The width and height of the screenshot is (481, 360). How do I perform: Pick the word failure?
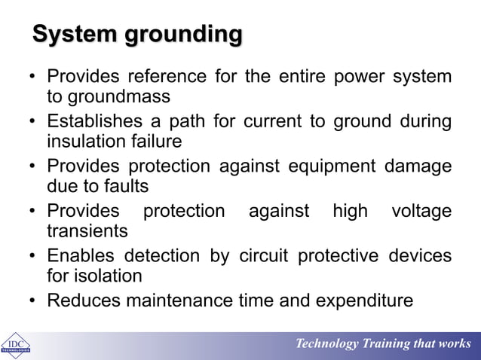(x=155, y=142)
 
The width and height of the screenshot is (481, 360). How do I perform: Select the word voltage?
(x=422, y=212)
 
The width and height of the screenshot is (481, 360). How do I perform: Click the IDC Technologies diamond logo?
(x=15, y=344)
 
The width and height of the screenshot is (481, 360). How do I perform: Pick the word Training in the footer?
(x=391, y=344)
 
